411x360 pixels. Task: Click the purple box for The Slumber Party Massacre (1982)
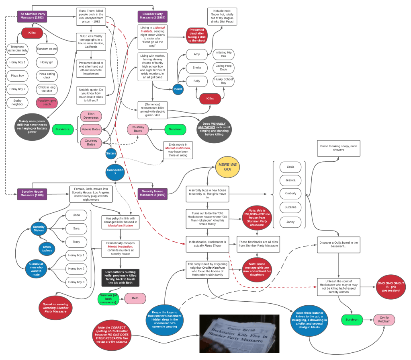pos(32,16)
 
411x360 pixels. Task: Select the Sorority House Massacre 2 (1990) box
pos(152,194)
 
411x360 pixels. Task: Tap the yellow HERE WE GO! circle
pos(227,167)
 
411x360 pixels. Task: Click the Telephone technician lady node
pos(17,49)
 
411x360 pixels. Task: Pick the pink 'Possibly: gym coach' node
pos(47,103)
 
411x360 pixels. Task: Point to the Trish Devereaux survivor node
pos(91,116)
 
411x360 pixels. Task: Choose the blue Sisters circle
pos(111,153)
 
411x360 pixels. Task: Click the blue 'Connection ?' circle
pos(115,172)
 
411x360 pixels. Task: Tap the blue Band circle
pos(178,89)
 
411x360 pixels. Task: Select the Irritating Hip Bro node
pos(223,54)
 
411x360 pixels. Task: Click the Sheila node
pos(196,68)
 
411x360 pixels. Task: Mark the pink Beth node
pos(135,298)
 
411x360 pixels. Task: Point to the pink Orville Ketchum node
pos(384,320)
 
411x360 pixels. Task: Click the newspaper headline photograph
pos(239,333)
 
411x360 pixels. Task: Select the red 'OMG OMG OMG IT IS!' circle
pos(391,286)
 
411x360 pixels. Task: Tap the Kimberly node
pos(290,193)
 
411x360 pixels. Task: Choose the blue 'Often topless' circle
pos(47,249)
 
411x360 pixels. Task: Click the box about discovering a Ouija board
pos(338,245)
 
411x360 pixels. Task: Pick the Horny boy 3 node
pos(76,282)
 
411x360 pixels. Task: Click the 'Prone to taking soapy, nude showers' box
pos(338,148)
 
